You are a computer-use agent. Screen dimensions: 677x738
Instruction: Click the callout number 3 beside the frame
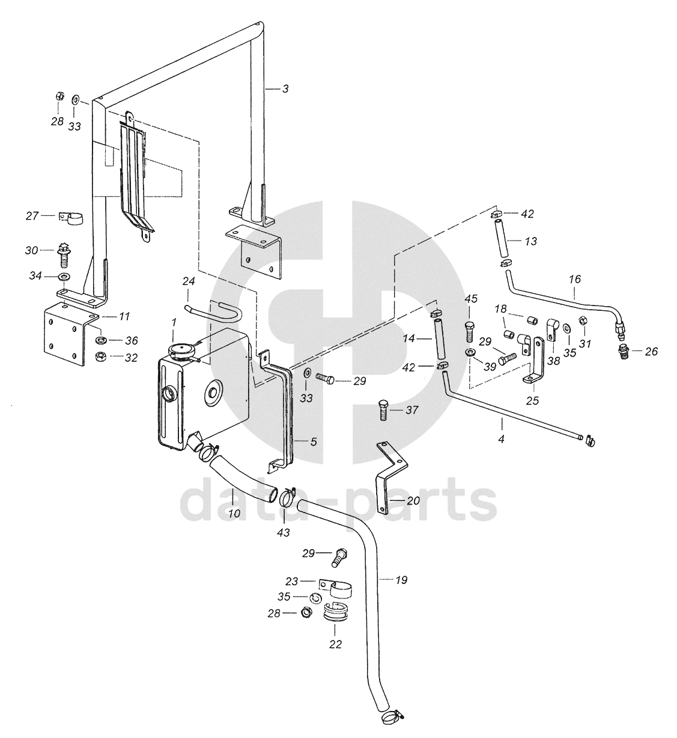pos(286,88)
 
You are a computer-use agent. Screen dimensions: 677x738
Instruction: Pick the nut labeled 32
pos(100,357)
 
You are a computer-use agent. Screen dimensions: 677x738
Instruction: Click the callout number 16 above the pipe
pos(575,279)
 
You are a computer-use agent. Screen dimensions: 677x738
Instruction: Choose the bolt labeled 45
pos(470,332)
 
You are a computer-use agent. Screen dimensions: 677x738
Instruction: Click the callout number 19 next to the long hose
pos(402,580)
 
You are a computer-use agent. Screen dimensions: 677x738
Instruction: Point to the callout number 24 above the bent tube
pos(189,281)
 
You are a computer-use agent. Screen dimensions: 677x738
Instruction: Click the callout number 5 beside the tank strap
pos(314,441)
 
